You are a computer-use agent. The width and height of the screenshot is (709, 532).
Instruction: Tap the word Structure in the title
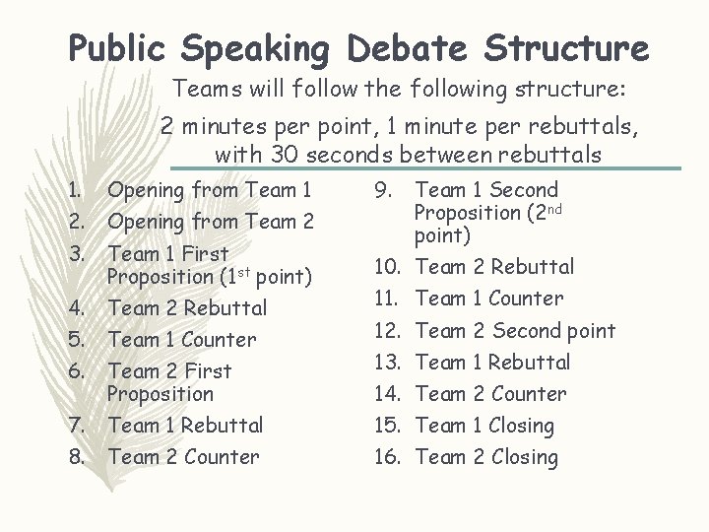point(558,47)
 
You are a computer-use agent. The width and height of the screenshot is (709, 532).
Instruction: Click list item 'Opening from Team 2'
point(211,223)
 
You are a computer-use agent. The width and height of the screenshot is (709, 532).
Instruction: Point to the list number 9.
point(386,190)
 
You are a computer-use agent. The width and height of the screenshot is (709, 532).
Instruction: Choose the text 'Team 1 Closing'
point(485,426)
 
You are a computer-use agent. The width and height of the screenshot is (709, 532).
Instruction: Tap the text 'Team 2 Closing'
point(487,457)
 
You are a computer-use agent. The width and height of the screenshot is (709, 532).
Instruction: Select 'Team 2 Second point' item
point(516,331)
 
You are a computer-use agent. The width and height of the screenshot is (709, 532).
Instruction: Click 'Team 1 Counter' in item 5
point(182,340)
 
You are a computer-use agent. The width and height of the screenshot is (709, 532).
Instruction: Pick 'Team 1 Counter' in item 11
point(489,299)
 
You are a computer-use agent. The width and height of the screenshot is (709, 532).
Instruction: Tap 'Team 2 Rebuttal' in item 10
point(495,267)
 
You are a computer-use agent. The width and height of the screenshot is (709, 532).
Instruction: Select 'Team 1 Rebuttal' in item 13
point(493,363)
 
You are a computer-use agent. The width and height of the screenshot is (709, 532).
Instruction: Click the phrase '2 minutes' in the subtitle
point(210,127)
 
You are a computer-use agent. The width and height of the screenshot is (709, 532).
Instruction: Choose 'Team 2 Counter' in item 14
point(491,394)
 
